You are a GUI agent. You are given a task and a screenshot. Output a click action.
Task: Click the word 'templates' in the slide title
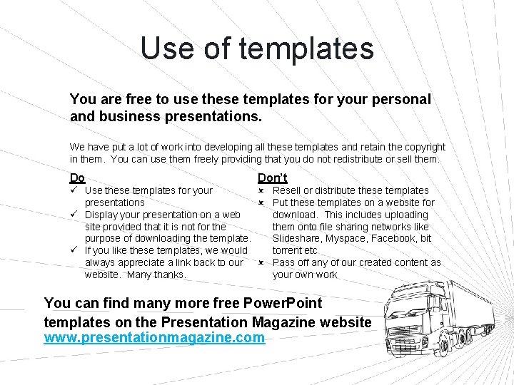pos(306,48)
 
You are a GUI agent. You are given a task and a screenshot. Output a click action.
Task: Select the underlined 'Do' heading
pos(77,178)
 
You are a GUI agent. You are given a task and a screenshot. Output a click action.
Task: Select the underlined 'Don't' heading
pos(272,178)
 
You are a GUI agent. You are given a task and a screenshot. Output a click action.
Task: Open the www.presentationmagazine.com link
pos(154,338)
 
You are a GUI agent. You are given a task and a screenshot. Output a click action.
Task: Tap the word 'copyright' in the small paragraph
pos(420,147)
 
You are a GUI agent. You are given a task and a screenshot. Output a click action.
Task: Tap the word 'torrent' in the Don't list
pos(288,250)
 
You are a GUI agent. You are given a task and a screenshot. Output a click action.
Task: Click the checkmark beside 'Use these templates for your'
pos(74,190)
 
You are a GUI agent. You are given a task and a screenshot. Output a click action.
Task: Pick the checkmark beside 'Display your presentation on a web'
pos(74,215)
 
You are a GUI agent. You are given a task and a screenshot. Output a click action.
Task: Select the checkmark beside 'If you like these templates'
pos(74,250)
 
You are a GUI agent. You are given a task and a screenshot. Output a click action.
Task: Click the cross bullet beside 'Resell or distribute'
pos(261,190)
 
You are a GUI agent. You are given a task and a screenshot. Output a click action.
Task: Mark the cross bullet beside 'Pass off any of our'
pos(261,262)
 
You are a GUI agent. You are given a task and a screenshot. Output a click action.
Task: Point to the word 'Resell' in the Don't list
pos(288,190)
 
